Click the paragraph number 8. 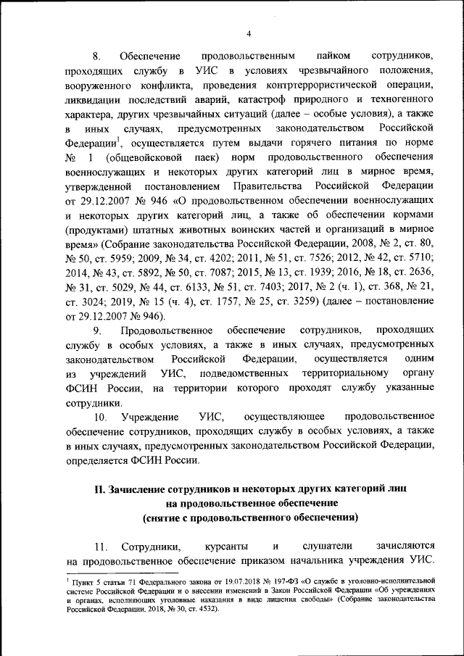pyautogui.click(x=96, y=56)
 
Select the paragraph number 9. pyautogui.click(x=99, y=331)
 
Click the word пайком pyautogui.click(x=333, y=56)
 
